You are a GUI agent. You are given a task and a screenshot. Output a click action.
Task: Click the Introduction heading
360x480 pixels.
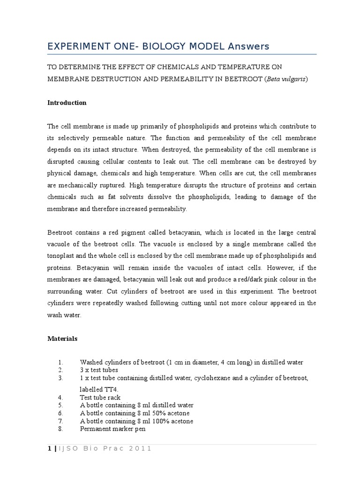tap(67, 103)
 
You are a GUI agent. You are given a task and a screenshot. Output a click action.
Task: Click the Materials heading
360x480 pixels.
tap(62, 338)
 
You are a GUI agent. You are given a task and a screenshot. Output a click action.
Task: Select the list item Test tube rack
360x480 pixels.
tap(100, 397)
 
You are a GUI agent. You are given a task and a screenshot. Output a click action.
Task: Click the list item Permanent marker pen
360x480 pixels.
tap(112, 428)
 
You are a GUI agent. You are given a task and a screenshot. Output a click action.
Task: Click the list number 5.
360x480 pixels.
tap(60, 405)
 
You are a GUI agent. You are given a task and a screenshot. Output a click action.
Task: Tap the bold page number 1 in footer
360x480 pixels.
tap(49, 449)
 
